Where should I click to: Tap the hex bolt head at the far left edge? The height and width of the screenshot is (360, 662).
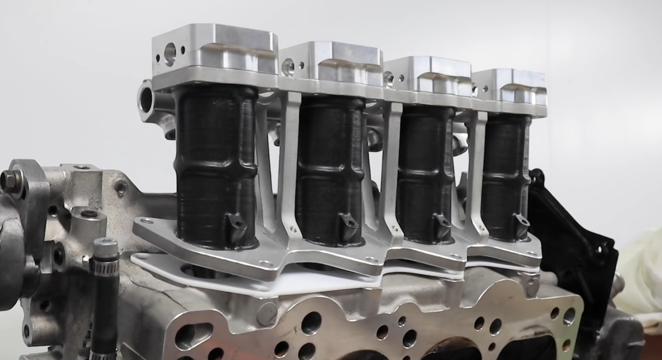tap(10, 180)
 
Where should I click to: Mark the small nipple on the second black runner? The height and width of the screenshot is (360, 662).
tap(349, 222)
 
